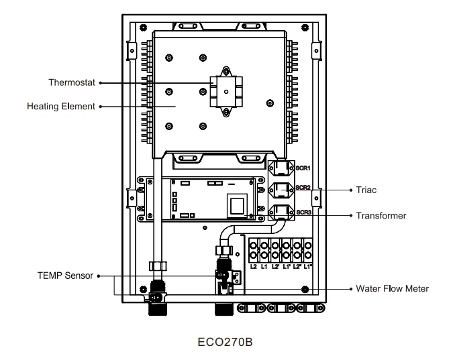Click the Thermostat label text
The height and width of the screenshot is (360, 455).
(72, 83)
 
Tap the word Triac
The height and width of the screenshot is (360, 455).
(367, 190)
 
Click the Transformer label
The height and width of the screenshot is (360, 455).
(381, 216)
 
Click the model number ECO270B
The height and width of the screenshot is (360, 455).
(227, 340)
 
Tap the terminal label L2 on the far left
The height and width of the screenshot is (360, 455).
(254, 267)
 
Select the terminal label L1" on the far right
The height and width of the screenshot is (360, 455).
(309, 267)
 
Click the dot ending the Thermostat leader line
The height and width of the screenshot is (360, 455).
(101, 83)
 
